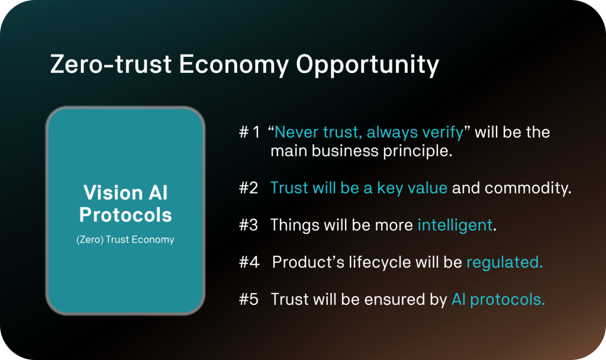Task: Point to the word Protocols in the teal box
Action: (x=125, y=214)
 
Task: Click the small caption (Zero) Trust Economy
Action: (x=125, y=240)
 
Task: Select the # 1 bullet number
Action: (x=249, y=133)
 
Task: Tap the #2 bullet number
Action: (x=249, y=188)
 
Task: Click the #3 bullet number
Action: (x=249, y=226)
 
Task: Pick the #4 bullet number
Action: (x=249, y=262)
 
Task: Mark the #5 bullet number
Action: (x=249, y=300)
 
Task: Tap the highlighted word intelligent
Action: (x=455, y=226)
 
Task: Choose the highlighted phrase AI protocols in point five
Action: (x=498, y=300)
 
